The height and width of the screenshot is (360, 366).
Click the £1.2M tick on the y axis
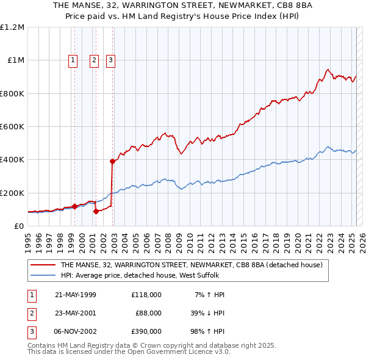[12, 27]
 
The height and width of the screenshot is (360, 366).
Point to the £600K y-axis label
[12, 126]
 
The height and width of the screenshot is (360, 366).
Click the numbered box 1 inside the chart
[73, 60]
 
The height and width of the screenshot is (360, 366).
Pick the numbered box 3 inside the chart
[111, 60]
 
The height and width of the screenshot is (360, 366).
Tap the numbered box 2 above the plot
[95, 60]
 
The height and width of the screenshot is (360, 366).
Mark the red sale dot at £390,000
[112, 162]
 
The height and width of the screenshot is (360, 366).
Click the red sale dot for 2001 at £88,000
[96, 212]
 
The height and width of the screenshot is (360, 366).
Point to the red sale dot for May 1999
[74, 206]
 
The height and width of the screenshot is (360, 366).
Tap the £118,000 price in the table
[146, 295]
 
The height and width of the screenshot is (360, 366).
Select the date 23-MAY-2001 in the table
[76, 313]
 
